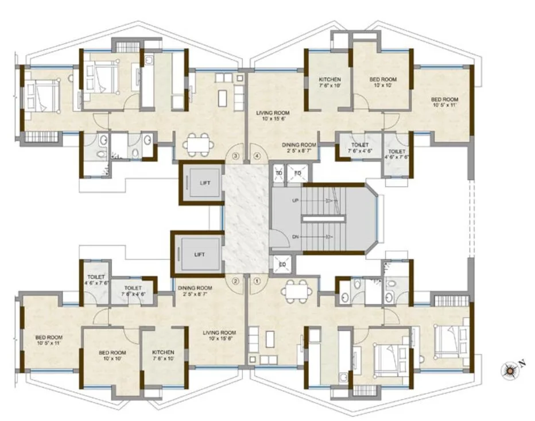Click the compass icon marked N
point(509,370)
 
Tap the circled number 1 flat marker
point(257,281)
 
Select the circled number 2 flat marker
point(235,281)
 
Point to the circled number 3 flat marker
point(235,156)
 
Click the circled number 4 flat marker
point(257,156)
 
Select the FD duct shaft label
point(298,173)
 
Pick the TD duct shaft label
point(279,173)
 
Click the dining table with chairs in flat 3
point(197,143)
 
